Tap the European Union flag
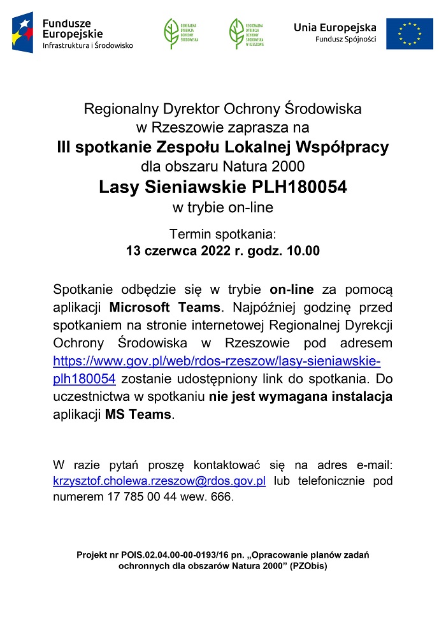coord(408,33)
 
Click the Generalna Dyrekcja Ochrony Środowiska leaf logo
coord(172,33)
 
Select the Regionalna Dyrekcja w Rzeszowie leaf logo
coord(237,33)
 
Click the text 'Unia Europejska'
coord(334,27)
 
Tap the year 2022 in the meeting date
coord(216,250)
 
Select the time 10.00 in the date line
coord(303,250)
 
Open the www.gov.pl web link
coord(217,361)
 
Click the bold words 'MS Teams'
coord(138,414)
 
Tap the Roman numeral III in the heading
coord(63,148)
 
